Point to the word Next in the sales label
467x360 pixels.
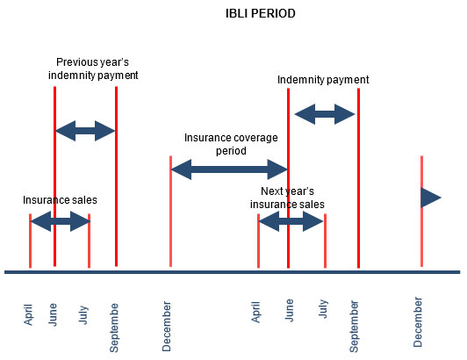point(271,191)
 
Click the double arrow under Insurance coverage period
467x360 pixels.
point(229,169)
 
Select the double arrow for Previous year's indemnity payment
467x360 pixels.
point(85,131)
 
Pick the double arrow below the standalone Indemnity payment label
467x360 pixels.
point(325,114)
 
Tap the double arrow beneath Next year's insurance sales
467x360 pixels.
point(291,221)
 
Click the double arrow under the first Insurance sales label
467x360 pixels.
point(61,221)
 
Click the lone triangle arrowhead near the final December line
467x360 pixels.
point(431,198)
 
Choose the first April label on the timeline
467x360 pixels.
point(28,314)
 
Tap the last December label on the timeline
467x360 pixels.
point(418,322)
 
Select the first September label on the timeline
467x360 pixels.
point(114,328)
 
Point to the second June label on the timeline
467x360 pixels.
point(289,310)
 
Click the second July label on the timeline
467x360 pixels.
point(323,309)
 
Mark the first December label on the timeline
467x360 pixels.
point(167,327)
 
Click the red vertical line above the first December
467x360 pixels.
point(170,212)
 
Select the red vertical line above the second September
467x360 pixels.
point(358,178)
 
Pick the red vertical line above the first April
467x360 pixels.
point(31,241)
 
